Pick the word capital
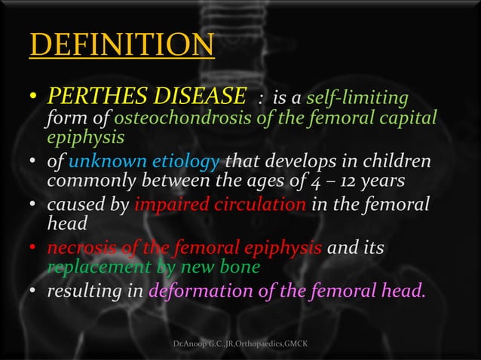tap(408, 120)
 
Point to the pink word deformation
tap(199, 290)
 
